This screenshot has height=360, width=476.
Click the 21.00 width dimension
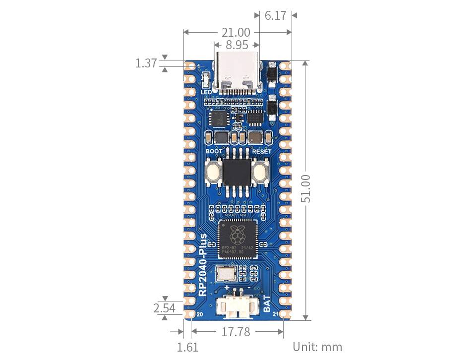point(237,32)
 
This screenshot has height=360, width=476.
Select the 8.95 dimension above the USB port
point(237,45)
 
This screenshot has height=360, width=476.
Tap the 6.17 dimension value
point(275,15)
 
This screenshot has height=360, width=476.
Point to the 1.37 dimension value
point(146,63)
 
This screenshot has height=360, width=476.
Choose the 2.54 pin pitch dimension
point(164,308)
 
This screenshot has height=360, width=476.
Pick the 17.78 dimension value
point(236,332)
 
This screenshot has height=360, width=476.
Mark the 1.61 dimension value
point(187,347)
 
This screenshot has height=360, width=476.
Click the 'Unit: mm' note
point(317,347)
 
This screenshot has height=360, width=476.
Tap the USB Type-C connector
point(237,74)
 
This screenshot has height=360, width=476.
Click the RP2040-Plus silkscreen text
point(203,265)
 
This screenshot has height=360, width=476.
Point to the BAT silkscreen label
point(267,304)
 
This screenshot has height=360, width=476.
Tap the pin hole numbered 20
point(190,314)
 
